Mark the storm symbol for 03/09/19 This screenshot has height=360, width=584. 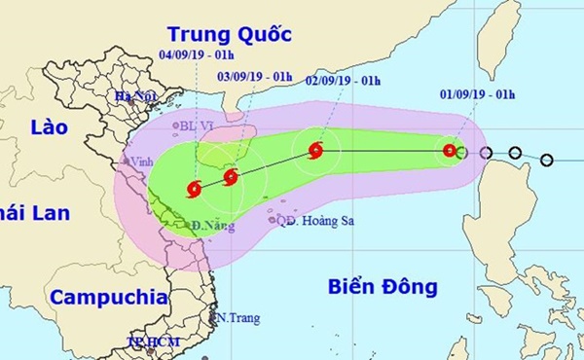point(231,177)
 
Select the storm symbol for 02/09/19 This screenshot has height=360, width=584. point(315,150)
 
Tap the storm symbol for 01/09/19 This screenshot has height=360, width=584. point(449,151)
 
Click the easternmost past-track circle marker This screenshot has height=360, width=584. point(546,160)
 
